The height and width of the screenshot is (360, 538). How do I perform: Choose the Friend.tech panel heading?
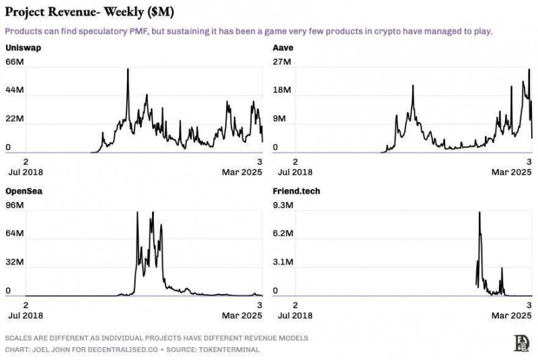[296, 191]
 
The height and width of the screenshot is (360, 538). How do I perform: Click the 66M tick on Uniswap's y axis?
[15, 62]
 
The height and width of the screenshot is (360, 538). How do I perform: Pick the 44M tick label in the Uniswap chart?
[15, 90]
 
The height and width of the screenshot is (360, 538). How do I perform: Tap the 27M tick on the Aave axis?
[282, 62]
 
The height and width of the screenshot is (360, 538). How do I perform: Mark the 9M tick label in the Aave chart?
[280, 118]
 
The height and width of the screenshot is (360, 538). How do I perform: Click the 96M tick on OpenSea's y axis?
[15, 205]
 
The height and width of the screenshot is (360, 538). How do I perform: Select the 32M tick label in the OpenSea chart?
[15, 262]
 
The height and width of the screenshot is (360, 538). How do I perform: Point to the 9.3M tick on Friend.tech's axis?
[284, 205]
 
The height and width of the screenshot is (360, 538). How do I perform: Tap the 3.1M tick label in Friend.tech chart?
[284, 262]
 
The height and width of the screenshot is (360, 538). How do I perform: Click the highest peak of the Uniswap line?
[128, 69]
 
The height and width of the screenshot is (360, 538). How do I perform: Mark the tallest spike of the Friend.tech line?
[479, 213]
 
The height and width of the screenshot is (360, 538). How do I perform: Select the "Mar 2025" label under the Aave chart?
[509, 172]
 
